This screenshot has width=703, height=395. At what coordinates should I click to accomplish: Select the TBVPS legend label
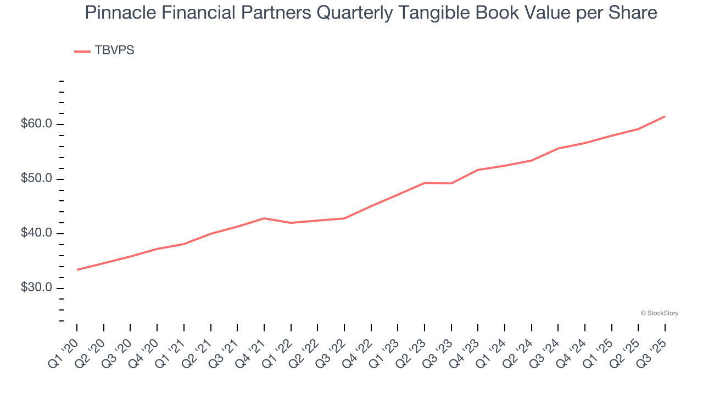click(x=114, y=50)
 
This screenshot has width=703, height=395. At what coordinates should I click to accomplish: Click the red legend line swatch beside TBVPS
click(x=82, y=51)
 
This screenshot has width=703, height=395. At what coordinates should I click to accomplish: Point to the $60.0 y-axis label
click(x=36, y=124)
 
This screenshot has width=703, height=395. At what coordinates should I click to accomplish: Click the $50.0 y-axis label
click(x=36, y=179)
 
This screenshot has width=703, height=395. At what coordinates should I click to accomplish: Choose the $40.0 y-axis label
click(x=36, y=234)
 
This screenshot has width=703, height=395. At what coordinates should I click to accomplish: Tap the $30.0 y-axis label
click(x=36, y=288)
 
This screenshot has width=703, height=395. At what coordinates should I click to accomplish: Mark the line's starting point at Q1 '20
click(x=77, y=270)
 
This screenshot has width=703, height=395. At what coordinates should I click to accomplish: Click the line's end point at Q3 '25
click(x=665, y=116)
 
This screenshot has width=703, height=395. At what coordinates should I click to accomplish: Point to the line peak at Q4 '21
click(x=264, y=218)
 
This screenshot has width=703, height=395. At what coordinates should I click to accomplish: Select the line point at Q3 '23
click(x=451, y=183)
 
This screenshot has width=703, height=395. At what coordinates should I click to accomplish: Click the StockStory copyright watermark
click(x=659, y=313)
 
